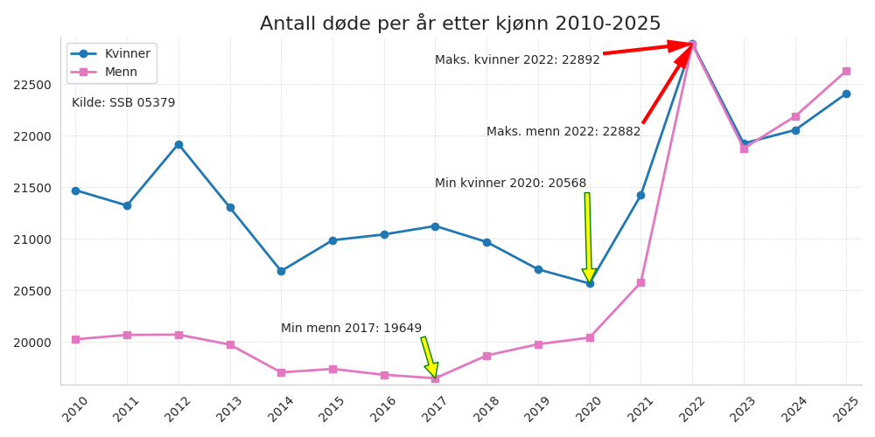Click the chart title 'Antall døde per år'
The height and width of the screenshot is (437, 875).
[460, 24]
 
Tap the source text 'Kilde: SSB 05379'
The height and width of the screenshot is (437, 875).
[123, 103]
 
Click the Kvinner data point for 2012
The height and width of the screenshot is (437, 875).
[178, 144]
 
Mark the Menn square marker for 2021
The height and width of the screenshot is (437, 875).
[640, 282]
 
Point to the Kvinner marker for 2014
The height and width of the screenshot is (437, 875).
[281, 271]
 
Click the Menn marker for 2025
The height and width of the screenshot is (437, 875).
[846, 71]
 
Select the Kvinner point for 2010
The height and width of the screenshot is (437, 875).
[75, 191]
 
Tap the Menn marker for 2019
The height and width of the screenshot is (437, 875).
[538, 344]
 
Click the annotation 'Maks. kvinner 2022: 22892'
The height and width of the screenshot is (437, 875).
[517, 60]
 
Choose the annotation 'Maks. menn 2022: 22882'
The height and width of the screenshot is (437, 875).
[563, 132]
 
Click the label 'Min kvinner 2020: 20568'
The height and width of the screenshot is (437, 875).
[510, 184]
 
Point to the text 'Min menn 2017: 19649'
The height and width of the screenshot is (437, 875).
[351, 329]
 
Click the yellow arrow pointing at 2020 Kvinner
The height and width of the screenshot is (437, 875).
[588, 236]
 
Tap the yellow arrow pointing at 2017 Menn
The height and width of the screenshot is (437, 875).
[429, 357]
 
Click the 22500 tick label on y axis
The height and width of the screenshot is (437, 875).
[32, 85]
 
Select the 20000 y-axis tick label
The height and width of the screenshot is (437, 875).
[32, 343]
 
